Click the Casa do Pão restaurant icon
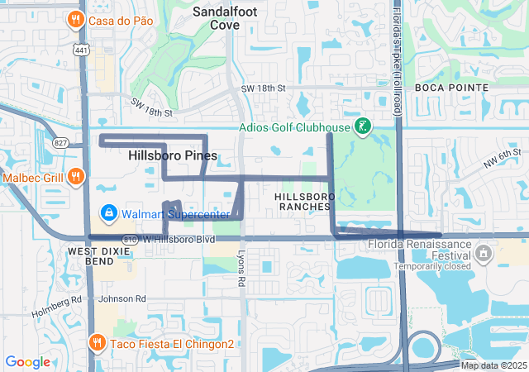[76, 20]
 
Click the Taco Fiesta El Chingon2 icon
[97, 342]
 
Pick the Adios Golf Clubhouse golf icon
[361, 126]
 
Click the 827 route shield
[62, 143]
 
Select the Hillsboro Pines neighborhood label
[173, 155]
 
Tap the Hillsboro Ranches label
[303, 201]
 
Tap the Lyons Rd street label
[241, 269]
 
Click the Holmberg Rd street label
[56, 307]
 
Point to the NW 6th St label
[503, 155]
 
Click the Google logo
[27, 362]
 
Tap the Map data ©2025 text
[493, 365]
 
